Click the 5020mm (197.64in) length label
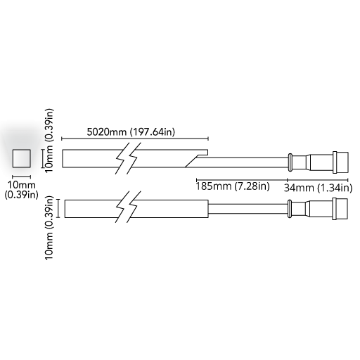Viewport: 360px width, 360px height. [x=131, y=132]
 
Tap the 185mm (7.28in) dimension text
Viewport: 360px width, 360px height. [x=233, y=186]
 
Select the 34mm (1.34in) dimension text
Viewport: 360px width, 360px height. [x=318, y=188]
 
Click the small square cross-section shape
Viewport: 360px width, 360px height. [x=21, y=158]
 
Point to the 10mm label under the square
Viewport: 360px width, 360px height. [x=21, y=185]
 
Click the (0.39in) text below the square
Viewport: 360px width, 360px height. [x=21, y=195]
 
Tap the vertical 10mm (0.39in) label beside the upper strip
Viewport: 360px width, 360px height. [x=49, y=141]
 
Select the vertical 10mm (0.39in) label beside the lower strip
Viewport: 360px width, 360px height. [x=49, y=227]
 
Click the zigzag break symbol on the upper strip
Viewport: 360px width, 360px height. [x=128, y=158]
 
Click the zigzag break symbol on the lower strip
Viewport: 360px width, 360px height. [x=128, y=207]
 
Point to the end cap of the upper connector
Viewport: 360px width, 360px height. [x=340, y=162]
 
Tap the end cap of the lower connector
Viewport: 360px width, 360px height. [x=340, y=209]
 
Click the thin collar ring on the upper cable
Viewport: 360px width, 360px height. [x=290, y=162]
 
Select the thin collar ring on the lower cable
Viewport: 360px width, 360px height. [x=290, y=209]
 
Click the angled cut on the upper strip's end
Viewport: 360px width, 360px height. [x=191, y=162]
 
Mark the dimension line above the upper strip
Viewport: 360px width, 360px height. [x=135, y=139]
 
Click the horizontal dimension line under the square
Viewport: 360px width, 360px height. [x=21, y=176]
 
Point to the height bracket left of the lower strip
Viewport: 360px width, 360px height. [x=58, y=209]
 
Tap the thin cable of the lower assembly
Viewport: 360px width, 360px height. [x=248, y=209]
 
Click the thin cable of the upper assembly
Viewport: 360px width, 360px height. [x=242, y=162]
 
